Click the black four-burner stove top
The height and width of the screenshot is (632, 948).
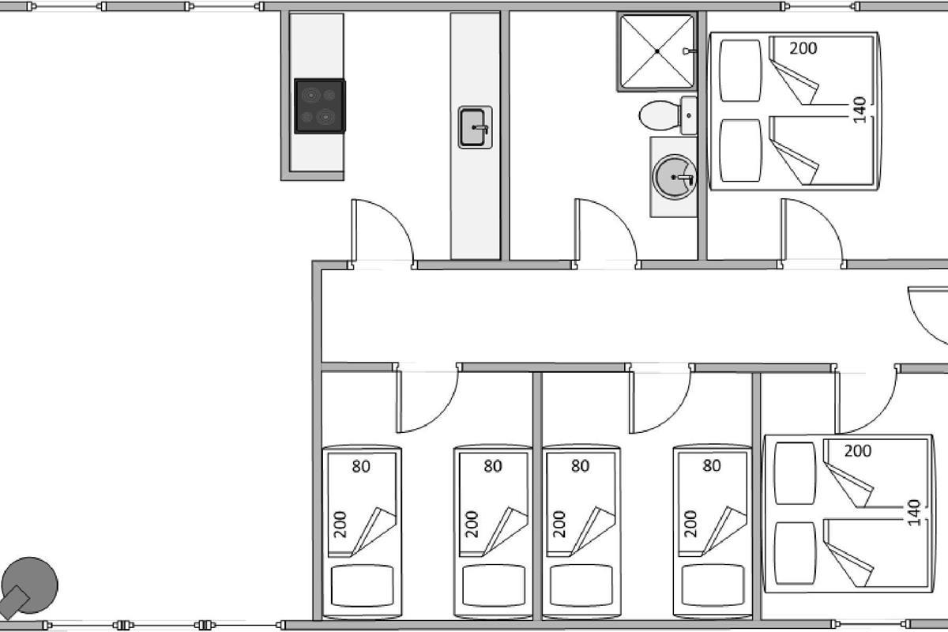[x=320, y=106]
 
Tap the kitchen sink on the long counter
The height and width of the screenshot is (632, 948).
[x=475, y=127]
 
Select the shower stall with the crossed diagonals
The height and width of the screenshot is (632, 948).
[x=656, y=51]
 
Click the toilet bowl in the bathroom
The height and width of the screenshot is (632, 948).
[x=660, y=115]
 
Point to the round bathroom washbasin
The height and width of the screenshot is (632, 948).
[x=674, y=177]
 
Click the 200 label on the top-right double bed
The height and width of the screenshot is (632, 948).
[x=803, y=49]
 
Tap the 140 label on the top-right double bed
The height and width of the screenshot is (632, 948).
[x=860, y=110]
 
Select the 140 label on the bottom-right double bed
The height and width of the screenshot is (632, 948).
[x=914, y=513]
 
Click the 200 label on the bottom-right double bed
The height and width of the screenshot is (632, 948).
[x=858, y=451]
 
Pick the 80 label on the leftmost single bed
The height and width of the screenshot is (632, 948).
[x=361, y=466]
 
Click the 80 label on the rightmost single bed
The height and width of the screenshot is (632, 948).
[x=712, y=465]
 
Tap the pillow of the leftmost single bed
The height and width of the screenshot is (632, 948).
[x=363, y=586]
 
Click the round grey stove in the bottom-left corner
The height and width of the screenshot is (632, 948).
[x=29, y=586]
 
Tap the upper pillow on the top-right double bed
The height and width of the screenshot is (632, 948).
[x=740, y=70]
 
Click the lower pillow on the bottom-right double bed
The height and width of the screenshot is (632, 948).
[x=795, y=553]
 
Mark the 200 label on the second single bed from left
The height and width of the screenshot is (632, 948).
[x=472, y=524]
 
